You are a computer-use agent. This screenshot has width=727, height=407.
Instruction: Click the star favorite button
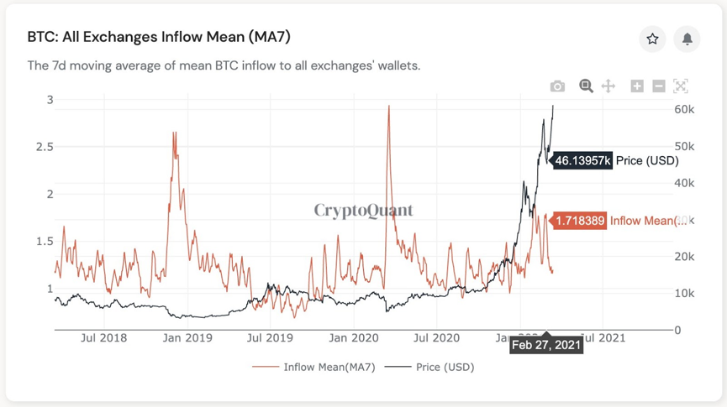pyautogui.click(x=652, y=39)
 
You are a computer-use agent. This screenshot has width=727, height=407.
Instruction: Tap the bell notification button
pyautogui.click(x=687, y=39)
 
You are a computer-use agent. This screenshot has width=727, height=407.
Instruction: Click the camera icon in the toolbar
pyautogui.click(x=557, y=86)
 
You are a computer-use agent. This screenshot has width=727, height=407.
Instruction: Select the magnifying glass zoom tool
pyautogui.click(x=586, y=86)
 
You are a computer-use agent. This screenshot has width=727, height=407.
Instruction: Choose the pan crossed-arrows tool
pyautogui.click(x=608, y=86)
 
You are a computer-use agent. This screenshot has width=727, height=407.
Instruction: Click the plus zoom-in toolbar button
pyautogui.click(x=637, y=86)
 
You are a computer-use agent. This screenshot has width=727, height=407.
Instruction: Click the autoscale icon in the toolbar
pyautogui.click(x=681, y=86)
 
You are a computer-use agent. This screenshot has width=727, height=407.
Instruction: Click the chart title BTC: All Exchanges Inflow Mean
pyautogui.click(x=159, y=37)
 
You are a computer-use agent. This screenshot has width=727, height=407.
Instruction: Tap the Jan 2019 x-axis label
pyautogui.click(x=187, y=338)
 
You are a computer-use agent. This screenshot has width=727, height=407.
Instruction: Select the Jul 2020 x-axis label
pyautogui.click(x=436, y=338)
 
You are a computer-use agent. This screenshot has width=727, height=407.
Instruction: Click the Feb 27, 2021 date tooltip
pyautogui.click(x=546, y=345)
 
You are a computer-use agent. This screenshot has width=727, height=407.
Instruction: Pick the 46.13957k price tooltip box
pyautogui.click(x=582, y=160)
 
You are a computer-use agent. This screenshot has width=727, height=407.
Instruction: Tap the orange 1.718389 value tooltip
pyautogui.click(x=579, y=221)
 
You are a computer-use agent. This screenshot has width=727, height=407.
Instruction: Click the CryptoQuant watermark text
pyautogui.click(x=364, y=210)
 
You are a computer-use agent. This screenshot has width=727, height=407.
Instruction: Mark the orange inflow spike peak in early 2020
pyautogui.click(x=388, y=107)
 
